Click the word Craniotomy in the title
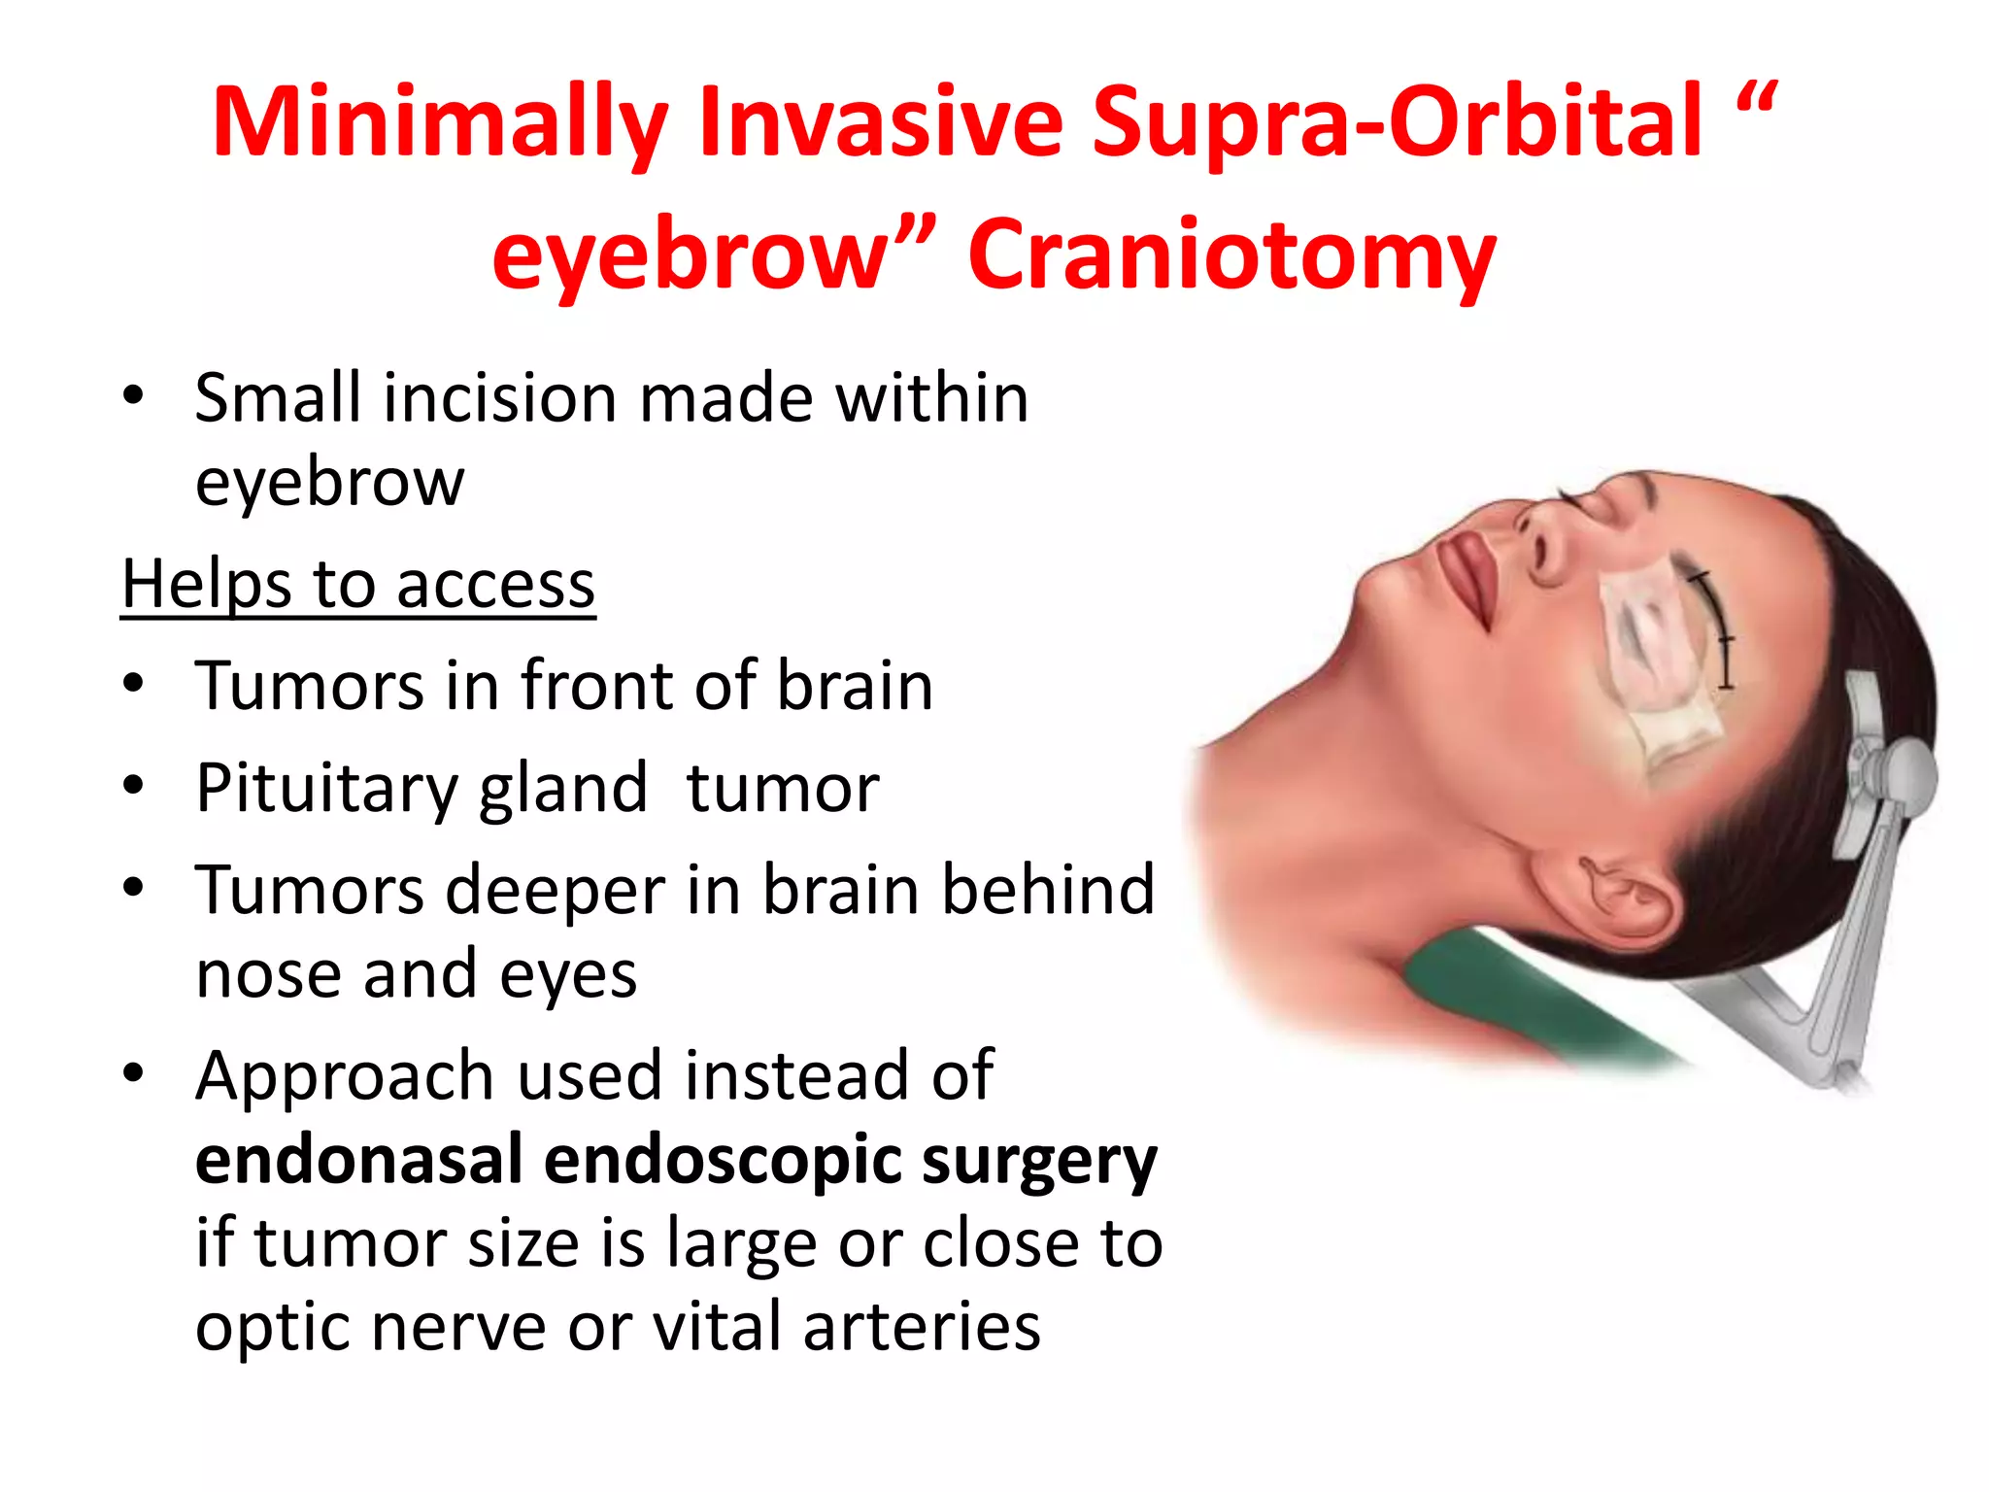(x=1231, y=254)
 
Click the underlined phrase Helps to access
(x=358, y=585)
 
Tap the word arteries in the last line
(x=922, y=1327)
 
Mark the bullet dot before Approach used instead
(x=134, y=1073)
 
